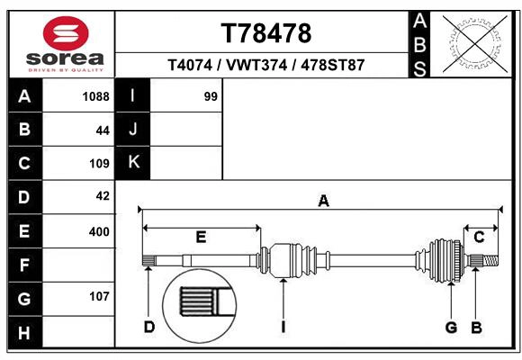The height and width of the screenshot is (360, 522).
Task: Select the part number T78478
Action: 266,33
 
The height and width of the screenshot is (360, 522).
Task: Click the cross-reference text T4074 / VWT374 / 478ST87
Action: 266,66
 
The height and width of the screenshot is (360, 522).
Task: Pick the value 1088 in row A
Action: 95,96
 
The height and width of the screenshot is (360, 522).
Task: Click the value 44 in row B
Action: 102,130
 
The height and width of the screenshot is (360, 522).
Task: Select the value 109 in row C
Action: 99,164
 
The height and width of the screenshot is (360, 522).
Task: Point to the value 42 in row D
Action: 102,196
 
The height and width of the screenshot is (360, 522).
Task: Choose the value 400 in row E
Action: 99,231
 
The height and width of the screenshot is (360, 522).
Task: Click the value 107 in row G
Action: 99,297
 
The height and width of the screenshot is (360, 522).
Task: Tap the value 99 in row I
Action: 211,96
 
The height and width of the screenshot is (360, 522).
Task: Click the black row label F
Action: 24,265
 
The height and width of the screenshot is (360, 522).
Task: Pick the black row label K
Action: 133,163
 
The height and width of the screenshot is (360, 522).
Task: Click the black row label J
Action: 133,130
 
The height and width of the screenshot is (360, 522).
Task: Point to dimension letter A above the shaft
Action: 322,202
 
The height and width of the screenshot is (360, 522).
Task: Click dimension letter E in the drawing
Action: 201,237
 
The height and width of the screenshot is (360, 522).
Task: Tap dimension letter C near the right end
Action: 479,237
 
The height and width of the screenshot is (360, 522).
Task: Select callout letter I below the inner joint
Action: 283,326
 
